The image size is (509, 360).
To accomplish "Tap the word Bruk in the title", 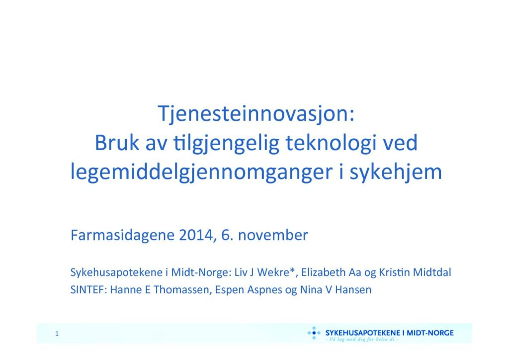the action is click(117, 143).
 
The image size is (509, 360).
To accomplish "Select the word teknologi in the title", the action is click(331, 144).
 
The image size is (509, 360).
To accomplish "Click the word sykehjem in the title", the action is click(396, 173).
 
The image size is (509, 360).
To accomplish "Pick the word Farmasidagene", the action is click(122, 235).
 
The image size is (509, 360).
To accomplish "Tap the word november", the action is click(273, 235).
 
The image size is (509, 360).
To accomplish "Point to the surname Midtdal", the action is click(432, 272).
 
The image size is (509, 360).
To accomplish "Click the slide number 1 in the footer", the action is click(57, 334).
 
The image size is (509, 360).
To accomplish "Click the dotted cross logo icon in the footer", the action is click(314, 333).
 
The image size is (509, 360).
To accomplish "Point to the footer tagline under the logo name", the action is click(362, 339).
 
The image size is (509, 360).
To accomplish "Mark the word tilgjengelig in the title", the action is click(227, 144).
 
